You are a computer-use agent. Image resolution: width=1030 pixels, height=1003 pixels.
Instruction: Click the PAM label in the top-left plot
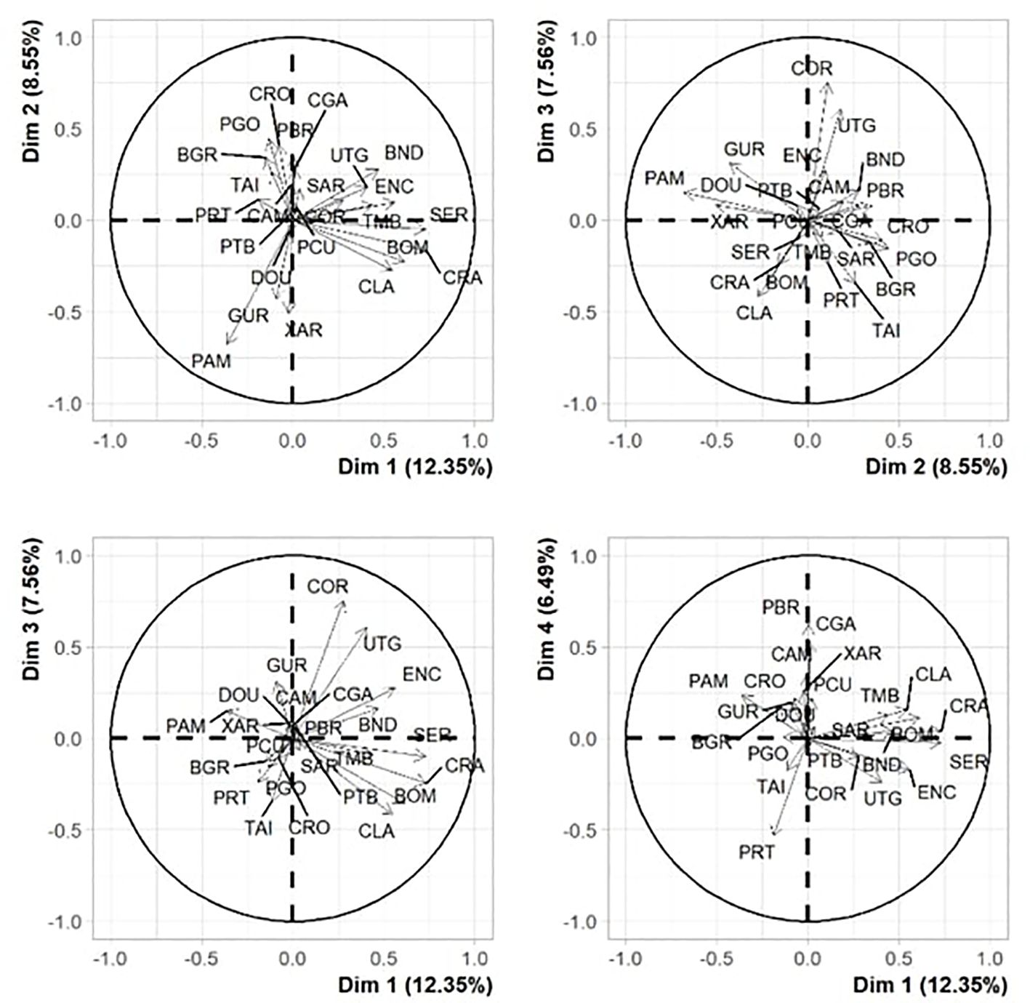point(211,361)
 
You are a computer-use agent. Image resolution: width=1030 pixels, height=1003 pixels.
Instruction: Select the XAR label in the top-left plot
point(304,331)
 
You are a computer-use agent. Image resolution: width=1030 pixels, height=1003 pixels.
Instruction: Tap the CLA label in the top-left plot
point(377,287)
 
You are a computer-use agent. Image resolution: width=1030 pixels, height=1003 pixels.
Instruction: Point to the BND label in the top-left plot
point(403,153)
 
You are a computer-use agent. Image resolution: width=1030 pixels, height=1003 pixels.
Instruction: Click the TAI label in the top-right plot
point(886,331)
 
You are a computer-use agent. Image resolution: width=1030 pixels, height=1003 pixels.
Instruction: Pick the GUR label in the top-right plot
point(744,150)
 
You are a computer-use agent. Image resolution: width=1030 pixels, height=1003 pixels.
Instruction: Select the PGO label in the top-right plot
point(916,259)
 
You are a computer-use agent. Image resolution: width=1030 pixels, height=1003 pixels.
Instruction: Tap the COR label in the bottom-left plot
point(328,586)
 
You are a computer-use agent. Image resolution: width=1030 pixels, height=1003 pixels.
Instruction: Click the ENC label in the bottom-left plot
point(422,674)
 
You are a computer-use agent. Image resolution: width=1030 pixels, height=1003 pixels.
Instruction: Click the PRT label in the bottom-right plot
point(757,852)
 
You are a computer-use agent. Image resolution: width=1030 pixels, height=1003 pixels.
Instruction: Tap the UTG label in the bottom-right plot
point(882,799)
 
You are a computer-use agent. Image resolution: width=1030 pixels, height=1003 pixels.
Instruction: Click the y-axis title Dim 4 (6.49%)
point(550,610)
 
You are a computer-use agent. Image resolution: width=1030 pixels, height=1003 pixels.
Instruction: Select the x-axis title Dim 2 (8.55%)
point(936,467)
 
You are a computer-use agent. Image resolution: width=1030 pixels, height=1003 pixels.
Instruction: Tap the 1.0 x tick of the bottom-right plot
point(989,958)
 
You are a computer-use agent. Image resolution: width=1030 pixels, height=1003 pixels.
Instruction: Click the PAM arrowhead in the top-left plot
point(228,343)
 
